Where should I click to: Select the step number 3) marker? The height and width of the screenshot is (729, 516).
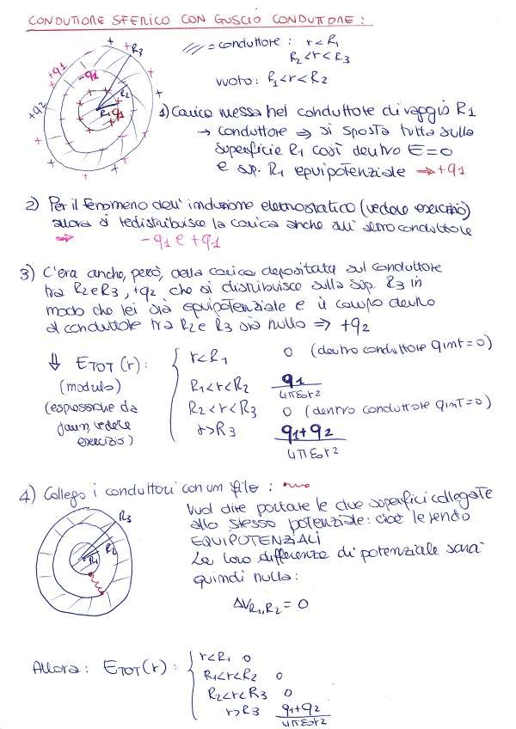pyautogui.click(x=26, y=275)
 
